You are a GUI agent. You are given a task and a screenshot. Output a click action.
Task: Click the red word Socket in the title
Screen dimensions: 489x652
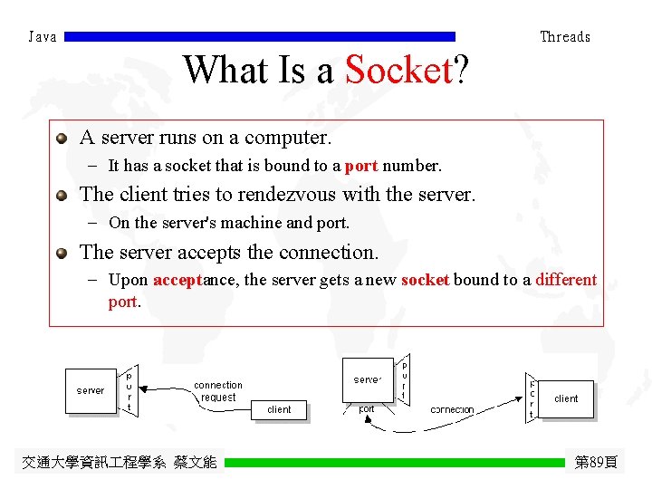click(x=398, y=70)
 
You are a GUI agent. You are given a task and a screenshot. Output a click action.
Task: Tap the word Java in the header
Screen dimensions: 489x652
click(x=43, y=37)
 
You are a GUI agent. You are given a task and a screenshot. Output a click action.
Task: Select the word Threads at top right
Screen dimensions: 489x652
click(x=565, y=37)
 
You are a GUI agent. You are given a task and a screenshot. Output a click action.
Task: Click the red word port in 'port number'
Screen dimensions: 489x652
click(x=361, y=166)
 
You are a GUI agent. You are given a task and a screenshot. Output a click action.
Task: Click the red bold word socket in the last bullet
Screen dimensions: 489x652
click(x=425, y=280)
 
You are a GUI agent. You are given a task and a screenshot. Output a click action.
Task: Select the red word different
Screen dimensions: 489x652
click(x=566, y=280)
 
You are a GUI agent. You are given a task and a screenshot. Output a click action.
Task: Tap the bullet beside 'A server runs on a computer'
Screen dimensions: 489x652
click(x=62, y=139)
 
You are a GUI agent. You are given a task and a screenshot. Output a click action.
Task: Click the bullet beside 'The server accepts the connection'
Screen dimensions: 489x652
click(x=62, y=253)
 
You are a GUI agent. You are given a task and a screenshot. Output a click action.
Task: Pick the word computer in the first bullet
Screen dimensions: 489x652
click(x=289, y=138)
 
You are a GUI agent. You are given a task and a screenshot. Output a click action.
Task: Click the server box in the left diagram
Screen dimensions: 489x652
click(x=91, y=390)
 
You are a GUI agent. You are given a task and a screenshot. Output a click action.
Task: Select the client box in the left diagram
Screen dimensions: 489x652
click(x=279, y=409)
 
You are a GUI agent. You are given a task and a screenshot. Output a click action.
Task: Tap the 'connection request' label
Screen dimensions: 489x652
click(x=218, y=391)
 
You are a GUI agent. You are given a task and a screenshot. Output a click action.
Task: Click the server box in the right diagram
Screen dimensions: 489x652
click(x=368, y=379)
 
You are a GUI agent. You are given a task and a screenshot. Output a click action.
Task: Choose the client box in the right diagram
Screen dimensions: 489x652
click(x=566, y=398)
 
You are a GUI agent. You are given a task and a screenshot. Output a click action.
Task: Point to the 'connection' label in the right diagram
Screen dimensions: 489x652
click(x=452, y=410)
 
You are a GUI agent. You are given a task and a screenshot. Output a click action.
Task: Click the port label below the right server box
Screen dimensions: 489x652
click(x=367, y=409)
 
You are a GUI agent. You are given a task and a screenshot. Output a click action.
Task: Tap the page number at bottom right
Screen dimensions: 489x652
click(x=596, y=463)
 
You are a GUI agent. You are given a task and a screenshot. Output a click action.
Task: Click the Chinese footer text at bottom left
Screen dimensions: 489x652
click(x=119, y=463)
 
